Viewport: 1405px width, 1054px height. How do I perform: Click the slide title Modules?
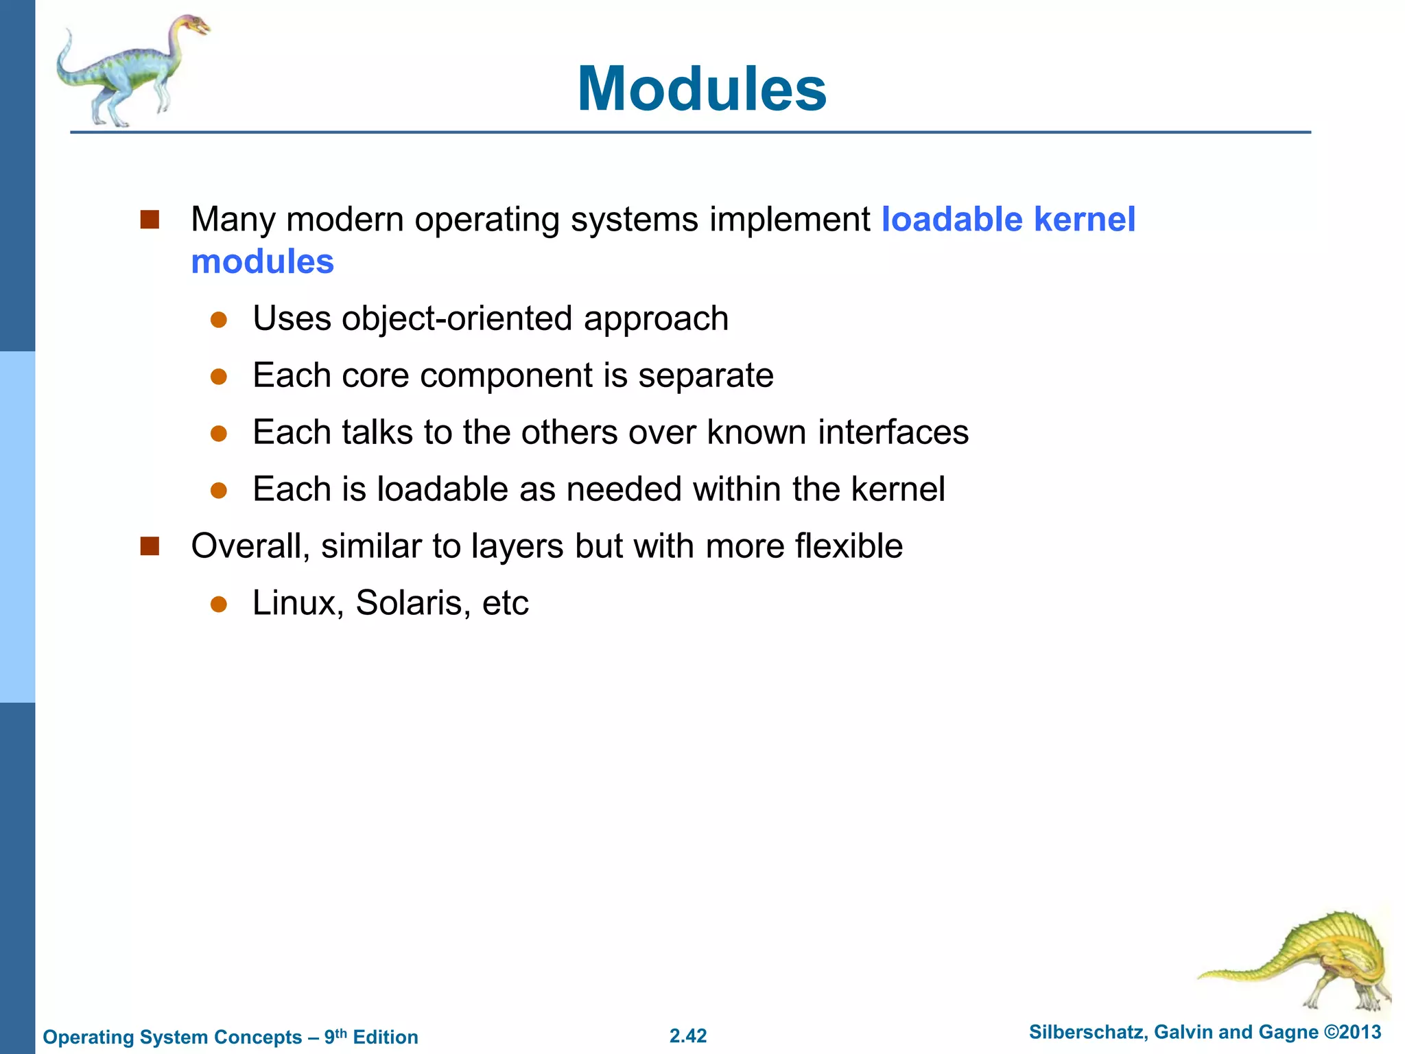coord(702,89)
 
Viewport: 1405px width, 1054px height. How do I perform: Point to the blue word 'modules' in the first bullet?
coord(262,262)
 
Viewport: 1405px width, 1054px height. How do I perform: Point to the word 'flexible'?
coord(849,546)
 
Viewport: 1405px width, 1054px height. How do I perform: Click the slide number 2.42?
coord(688,1035)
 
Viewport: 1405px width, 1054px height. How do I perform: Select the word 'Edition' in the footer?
coord(385,1037)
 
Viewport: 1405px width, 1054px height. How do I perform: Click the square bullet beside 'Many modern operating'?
coord(150,220)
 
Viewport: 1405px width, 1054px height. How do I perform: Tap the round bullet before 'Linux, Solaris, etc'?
coord(219,604)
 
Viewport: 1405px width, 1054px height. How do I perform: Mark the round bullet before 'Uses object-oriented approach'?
coord(219,320)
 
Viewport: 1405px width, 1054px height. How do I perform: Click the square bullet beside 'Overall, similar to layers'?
coord(150,546)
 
